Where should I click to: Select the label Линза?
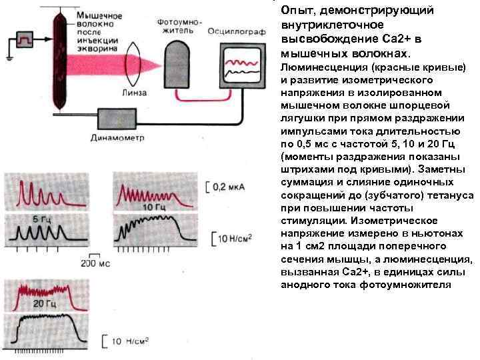point(135,93)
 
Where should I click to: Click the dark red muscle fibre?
point(59,60)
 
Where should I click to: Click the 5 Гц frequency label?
point(41,218)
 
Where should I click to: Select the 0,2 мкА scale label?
point(227,187)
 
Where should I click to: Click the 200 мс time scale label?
point(95,263)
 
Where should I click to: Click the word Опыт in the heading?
point(297,11)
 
